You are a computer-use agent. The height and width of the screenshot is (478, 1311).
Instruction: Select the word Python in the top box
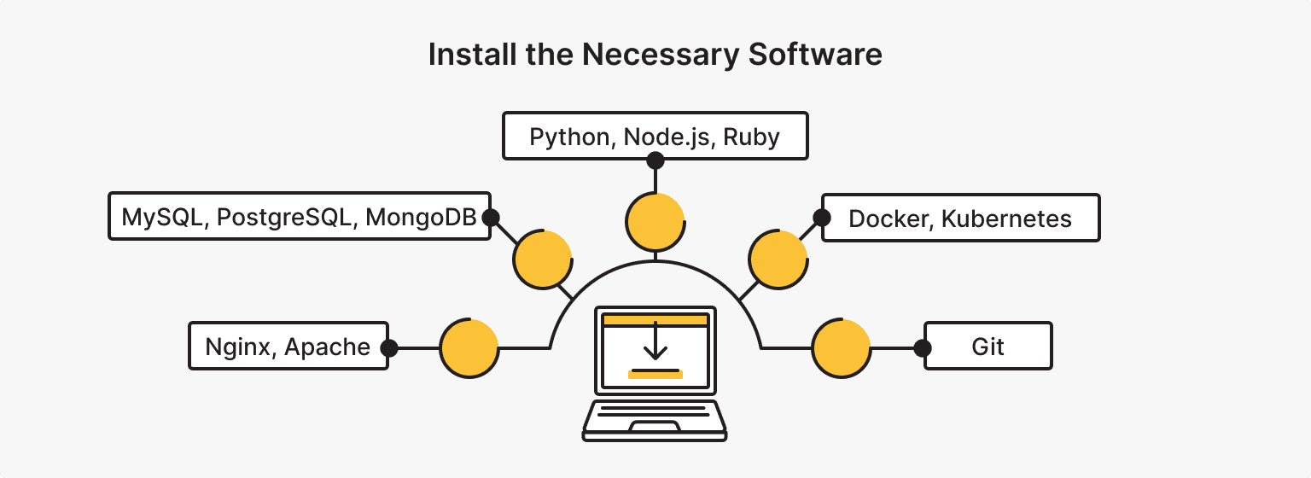(568, 137)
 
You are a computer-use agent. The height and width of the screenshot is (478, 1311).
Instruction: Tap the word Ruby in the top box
(752, 137)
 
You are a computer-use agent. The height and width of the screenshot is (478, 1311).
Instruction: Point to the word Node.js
(667, 137)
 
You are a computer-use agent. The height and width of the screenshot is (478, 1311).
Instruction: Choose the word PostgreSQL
(284, 218)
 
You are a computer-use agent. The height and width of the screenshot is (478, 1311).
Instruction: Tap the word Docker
(891, 219)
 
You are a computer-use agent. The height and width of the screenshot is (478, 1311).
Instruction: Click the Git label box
(988, 347)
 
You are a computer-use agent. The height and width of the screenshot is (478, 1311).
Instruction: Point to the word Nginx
(240, 347)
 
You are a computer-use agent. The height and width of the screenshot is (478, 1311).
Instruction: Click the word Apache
(328, 347)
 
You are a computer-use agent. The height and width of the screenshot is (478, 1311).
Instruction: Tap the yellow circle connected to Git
(841, 348)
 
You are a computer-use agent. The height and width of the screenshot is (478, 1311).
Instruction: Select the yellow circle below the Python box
(655, 221)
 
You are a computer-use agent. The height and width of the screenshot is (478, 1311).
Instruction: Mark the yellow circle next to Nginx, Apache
(469, 348)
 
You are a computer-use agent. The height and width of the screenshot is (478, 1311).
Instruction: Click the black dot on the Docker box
(822, 218)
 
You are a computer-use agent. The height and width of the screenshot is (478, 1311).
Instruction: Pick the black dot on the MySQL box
(490, 218)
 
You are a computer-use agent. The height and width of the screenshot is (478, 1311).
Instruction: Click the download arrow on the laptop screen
(655, 342)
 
